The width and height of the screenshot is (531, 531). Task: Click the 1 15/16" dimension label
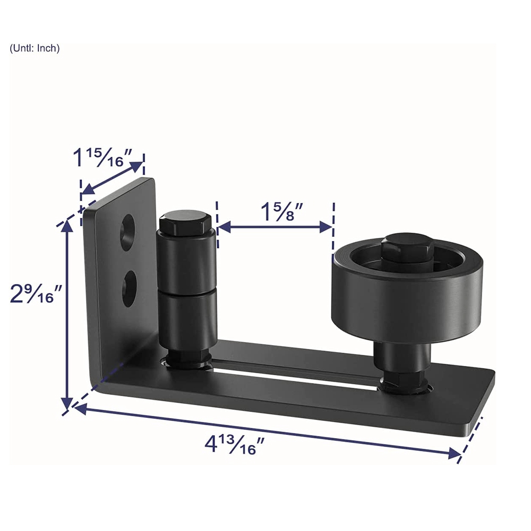click(x=102, y=157)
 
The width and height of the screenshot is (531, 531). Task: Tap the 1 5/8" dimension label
click(x=282, y=212)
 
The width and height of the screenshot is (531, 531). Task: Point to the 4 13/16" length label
click(x=234, y=444)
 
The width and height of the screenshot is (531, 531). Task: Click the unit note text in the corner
click(x=35, y=48)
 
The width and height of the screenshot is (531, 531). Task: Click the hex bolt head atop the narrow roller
click(x=185, y=224)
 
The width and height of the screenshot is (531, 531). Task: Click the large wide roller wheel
click(x=406, y=293)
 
